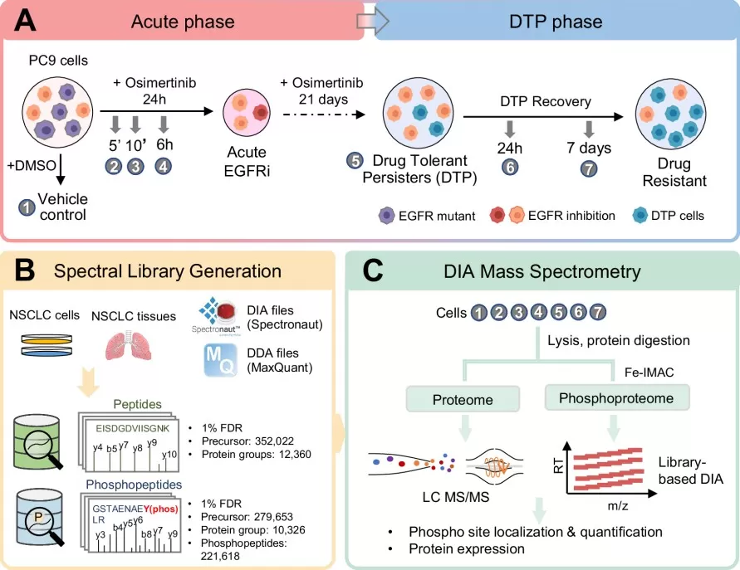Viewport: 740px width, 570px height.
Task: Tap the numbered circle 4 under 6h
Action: pyautogui.click(x=164, y=165)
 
